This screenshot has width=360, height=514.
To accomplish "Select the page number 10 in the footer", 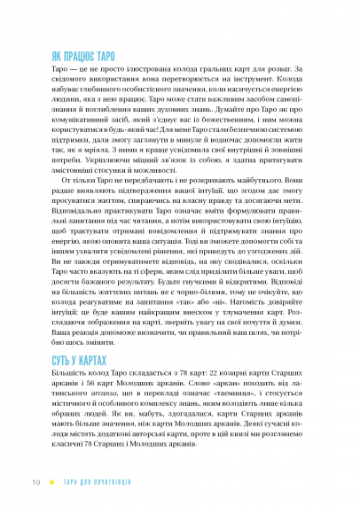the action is pyautogui.click(x=36, y=483).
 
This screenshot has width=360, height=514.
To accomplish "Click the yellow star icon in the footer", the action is pyautogui.click(x=51, y=483).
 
